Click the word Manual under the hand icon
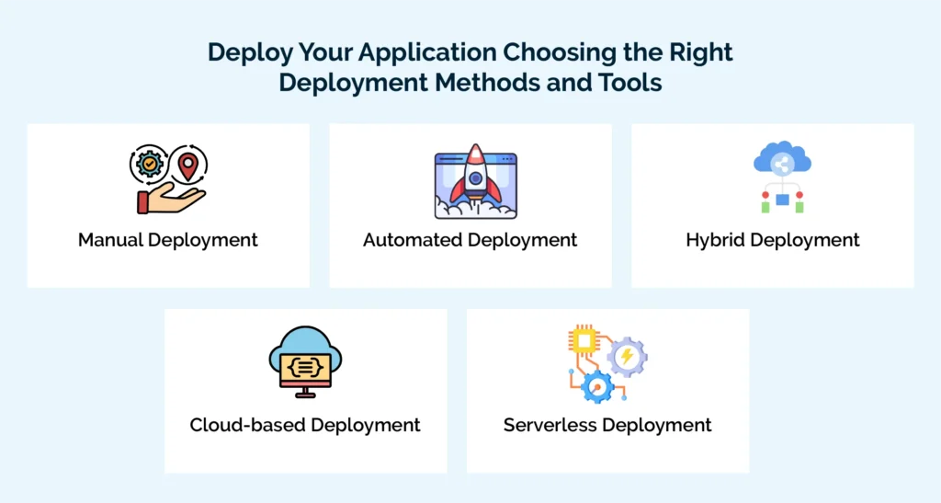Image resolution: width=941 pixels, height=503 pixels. point(110,240)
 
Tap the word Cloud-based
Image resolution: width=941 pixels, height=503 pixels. point(248,425)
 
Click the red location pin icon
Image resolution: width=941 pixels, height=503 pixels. point(188,166)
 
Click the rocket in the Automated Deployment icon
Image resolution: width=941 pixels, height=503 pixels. point(475,180)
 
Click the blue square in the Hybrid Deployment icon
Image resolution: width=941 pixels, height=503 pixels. point(782,199)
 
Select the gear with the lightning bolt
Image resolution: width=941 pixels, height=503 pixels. point(628,356)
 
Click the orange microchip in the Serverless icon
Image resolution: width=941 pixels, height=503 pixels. point(584,341)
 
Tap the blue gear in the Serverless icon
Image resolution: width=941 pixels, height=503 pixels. point(598,386)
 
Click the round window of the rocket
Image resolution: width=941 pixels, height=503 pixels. point(475,178)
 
